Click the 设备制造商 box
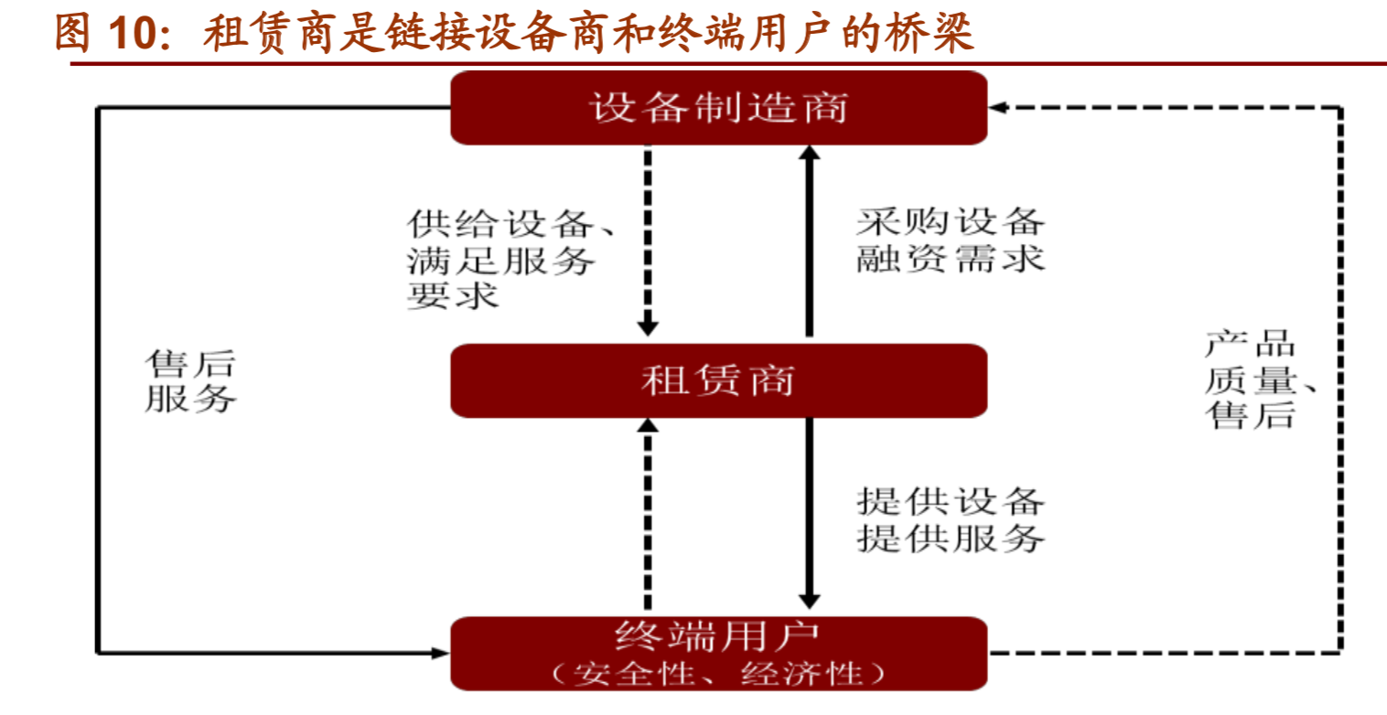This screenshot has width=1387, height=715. tap(718, 108)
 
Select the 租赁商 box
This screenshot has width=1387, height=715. tap(718, 380)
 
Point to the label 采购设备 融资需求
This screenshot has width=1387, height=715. tap(950, 240)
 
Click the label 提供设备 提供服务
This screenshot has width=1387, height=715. tap(950, 519)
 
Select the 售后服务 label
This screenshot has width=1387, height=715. tap(190, 382)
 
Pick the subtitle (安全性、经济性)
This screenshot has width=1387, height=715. tap(718, 674)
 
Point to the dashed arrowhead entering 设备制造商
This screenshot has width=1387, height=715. tap(998, 108)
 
